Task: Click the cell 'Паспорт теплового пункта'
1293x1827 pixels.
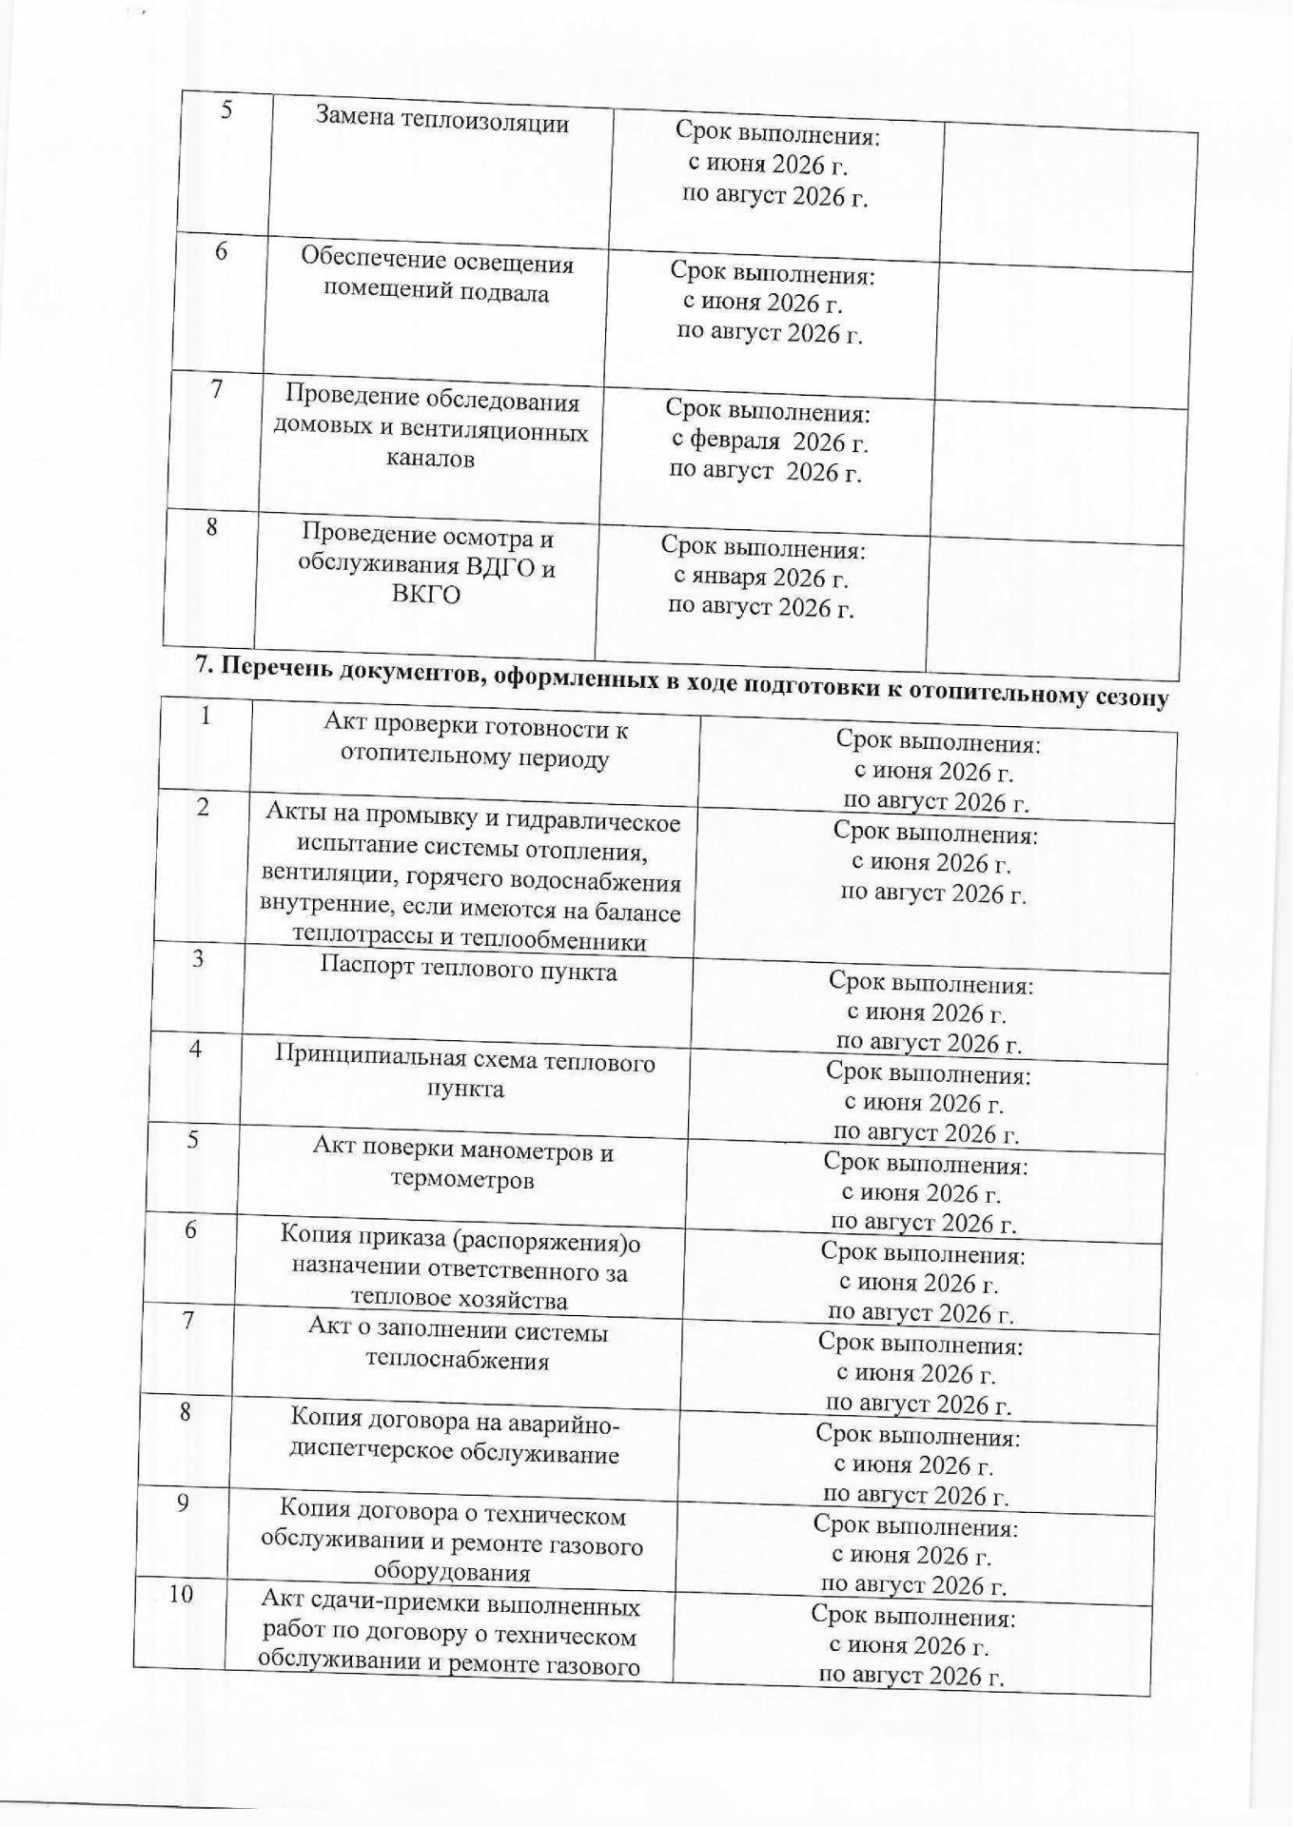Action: [468, 971]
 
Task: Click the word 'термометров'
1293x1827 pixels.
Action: [461, 1180]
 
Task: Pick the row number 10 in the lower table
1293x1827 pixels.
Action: [181, 1594]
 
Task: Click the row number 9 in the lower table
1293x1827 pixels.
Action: [183, 1503]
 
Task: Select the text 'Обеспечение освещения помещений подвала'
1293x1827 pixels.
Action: [437, 275]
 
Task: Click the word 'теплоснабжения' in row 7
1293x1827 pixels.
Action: [457, 1360]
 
